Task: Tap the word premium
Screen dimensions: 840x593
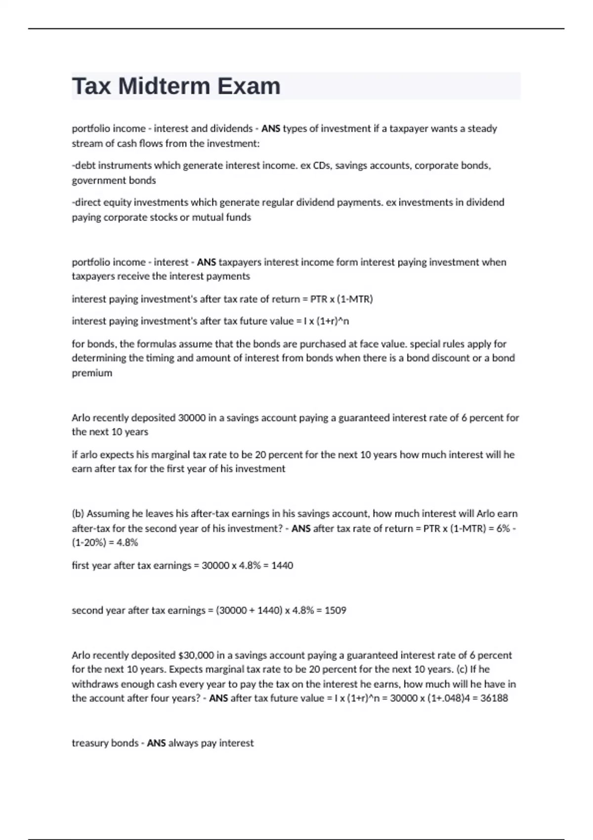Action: [x=92, y=373]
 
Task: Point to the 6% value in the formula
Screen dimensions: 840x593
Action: [x=503, y=528]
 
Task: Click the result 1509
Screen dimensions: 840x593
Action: [x=335, y=610]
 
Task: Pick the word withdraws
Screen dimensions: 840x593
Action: [x=94, y=684]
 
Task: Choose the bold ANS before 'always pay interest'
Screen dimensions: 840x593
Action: [x=156, y=743]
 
